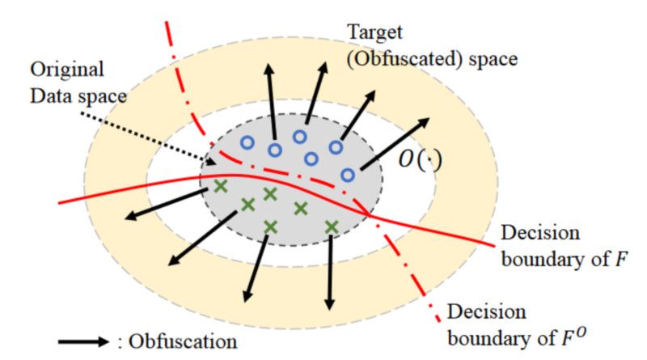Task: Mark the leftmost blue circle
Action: point(247,142)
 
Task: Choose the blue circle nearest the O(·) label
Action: point(348,175)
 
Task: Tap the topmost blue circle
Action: point(300,137)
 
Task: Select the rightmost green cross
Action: point(330,226)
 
